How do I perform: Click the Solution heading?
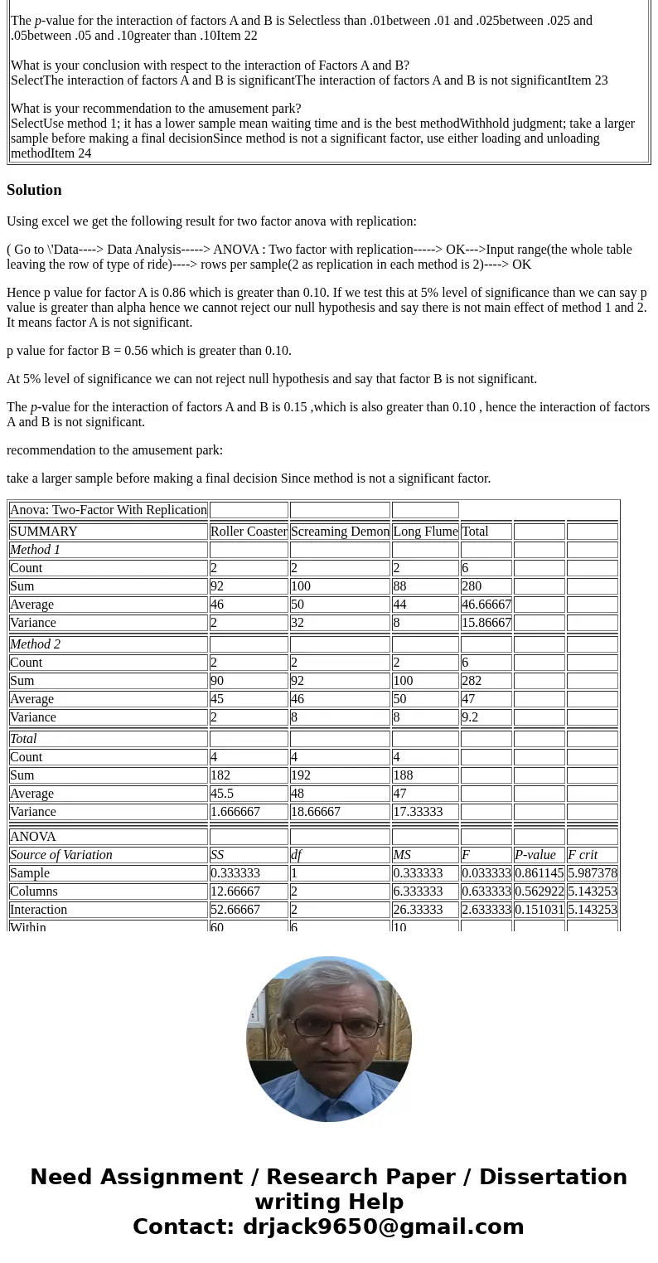pos(34,190)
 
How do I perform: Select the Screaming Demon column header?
pos(340,532)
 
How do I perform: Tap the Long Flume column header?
pos(425,532)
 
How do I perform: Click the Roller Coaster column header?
pos(249,532)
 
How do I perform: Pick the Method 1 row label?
pos(35,550)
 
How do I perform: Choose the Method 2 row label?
pos(35,644)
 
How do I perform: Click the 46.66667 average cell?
pos(486,605)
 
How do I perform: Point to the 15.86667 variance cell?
pos(486,623)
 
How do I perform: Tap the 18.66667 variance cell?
pos(316,812)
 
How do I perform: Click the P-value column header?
pos(535,855)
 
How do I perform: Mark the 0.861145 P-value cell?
pos(539,873)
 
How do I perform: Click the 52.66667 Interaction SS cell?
pos(235,910)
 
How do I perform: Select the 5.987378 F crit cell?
pos(592,873)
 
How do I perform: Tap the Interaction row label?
pos(38,910)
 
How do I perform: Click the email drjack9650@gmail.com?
pos(383,1227)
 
